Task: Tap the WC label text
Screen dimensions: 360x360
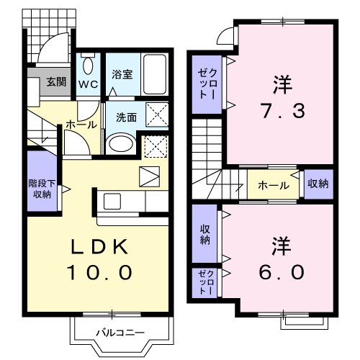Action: pyautogui.click(x=87, y=83)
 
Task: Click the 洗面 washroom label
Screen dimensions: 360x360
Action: pyautogui.click(x=126, y=117)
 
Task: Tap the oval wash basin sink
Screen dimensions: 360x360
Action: pyautogui.click(x=120, y=143)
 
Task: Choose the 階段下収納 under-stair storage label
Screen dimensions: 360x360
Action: pyautogui.click(x=41, y=189)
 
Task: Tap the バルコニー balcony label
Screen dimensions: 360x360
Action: pyautogui.click(x=120, y=333)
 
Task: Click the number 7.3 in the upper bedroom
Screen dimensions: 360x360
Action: pyautogui.click(x=282, y=112)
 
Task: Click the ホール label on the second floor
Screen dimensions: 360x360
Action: pyautogui.click(x=274, y=185)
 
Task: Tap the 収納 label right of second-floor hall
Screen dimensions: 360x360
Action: pyautogui.click(x=318, y=184)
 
